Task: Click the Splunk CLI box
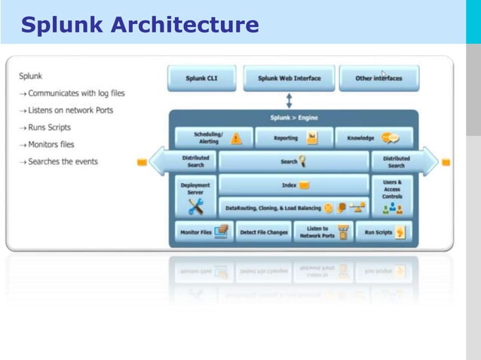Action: pyautogui.click(x=201, y=78)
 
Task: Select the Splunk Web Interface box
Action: pyautogui.click(x=289, y=78)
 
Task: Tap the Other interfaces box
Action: pyautogui.click(x=378, y=78)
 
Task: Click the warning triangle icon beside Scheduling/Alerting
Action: pyautogui.click(x=237, y=139)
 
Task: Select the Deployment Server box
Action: pyautogui.click(x=196, y=196)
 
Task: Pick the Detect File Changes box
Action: pyautogui.click(x=264, y=232)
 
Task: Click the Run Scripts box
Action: pyautogui.click(x=382, y=232)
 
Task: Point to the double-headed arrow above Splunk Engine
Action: pyautogui.click(x=289, y=100)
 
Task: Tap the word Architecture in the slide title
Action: pyautogui.click(x=185, y=26)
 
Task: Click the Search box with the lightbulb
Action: pyautogui.click(x=293, y=161)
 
